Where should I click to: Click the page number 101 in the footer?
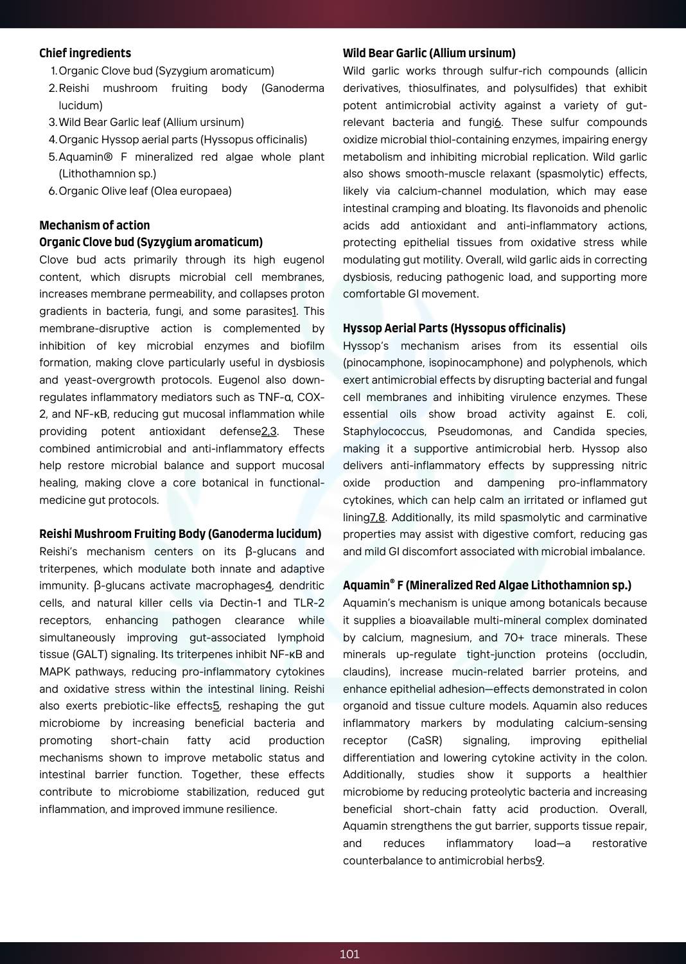[349, 954]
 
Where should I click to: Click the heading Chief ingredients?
[85, 53]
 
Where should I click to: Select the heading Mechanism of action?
[94, 225]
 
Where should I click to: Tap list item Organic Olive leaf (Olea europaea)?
[145, 191]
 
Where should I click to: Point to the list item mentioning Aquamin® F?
[191, 157]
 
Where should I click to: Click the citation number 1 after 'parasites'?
[294, 312]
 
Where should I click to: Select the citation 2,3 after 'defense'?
[269, 432]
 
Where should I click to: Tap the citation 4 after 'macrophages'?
[268, 586]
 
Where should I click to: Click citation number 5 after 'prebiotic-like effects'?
[216, 706]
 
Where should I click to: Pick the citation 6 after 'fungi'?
[497, 123]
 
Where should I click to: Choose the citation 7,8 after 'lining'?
[377, 518]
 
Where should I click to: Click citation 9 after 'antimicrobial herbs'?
[539, 861]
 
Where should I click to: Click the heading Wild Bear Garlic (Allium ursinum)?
[429, 53]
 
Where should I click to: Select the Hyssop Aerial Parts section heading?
[454, 328]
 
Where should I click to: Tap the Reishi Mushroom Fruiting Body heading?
[180, 534]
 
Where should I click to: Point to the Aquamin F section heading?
[487, 585]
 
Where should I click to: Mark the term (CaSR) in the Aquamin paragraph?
[425, 741]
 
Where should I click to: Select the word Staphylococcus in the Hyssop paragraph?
[383, 432]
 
